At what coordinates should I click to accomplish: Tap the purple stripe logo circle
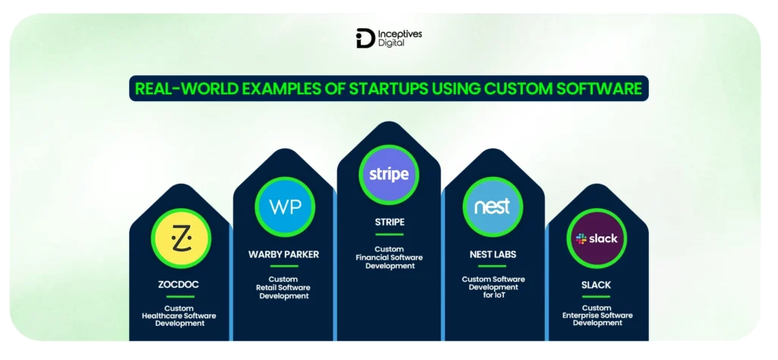click(388, 174)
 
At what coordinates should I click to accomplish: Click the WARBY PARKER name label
click(283, 254)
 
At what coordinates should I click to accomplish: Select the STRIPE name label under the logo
click(388, 223)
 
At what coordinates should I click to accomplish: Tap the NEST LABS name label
click(492, 254)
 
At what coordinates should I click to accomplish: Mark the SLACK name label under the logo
click(597, 285)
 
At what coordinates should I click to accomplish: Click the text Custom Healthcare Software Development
click(180, 315)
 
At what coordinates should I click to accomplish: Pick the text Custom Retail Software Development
click(283, 288)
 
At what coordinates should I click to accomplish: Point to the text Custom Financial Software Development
click(388, 257)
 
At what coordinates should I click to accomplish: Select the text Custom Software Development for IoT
click(492, 287)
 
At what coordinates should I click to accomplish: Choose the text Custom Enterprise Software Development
click(597, 314)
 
